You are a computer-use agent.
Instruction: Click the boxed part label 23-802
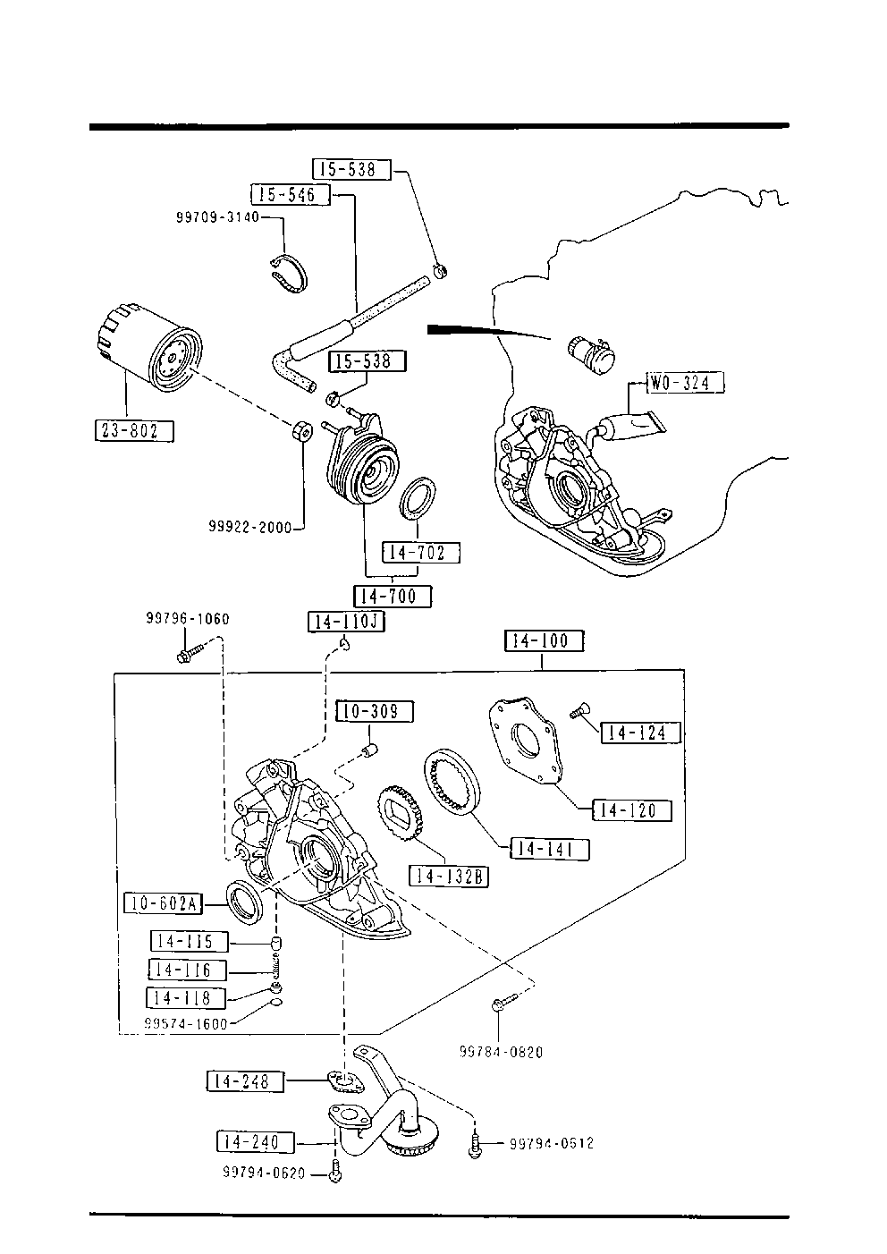coord(134,430)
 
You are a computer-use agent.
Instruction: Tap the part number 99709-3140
coord(217,216)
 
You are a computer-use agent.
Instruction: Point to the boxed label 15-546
coord(291,195)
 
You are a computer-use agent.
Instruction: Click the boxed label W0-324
coord(685,383)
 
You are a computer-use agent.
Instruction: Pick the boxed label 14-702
coord(421,553)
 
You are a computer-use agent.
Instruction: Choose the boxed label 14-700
coord(393,597)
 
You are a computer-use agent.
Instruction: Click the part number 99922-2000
coord(250,527)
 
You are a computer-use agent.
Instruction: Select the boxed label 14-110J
coord(346,622)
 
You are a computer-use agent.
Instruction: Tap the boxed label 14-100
coord(544,640)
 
